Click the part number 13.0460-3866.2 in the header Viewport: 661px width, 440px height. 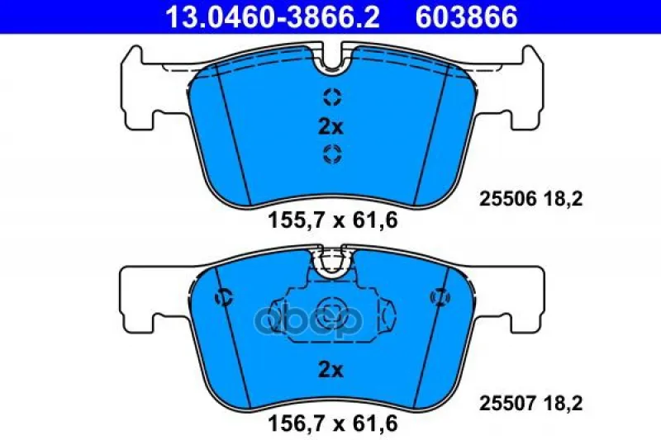click(273, 17)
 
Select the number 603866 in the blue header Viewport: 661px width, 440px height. click(466, 17)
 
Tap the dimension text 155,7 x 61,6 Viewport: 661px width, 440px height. click(333, 220)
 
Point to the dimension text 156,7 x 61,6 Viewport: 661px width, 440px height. click(333, 423)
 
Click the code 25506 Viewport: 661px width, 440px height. click(507, 199)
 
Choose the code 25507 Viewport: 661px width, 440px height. click(507, 403)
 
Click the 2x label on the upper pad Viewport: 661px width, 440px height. click(331, 127)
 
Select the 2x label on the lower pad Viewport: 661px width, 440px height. click(331, 370)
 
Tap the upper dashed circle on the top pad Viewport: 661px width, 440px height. click(332, 97)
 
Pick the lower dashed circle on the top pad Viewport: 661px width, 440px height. click(332, 154)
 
